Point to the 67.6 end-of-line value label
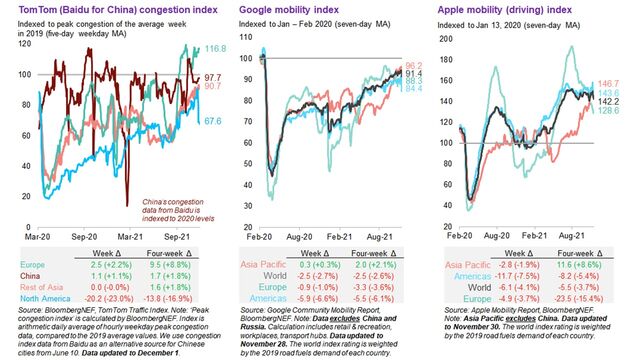coord(213,121)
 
